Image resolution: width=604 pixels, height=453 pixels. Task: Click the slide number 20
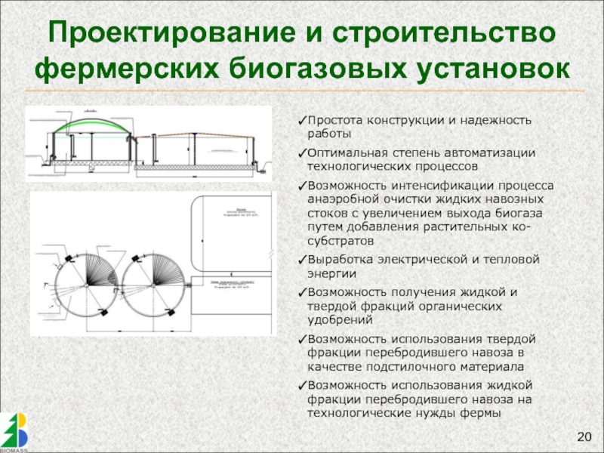tap(585, 437)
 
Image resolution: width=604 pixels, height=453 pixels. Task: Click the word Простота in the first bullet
tap(332, 121)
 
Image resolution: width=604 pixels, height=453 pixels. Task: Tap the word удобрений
tap(336, 320)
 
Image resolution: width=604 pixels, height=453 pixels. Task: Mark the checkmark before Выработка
tap(302, 260)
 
